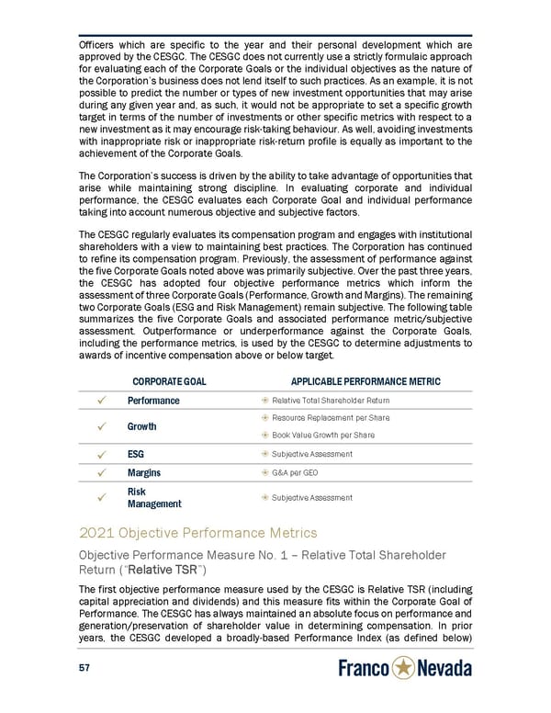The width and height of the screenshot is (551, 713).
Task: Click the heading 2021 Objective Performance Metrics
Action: pyautogui.click(x=198, y=534)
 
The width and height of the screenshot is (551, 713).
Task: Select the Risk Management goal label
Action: pyautogui.click(x=153, y=497)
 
